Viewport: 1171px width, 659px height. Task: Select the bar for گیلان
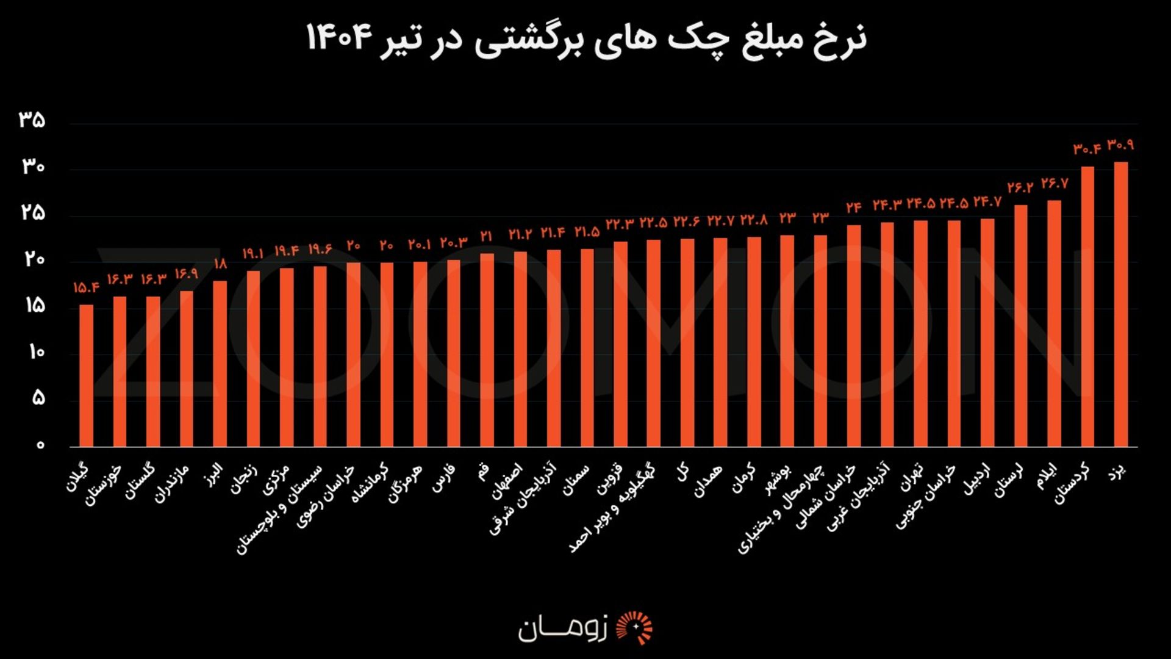tap(87, 375)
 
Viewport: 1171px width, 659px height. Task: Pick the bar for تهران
tap(920, 333)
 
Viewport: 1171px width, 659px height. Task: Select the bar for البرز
tap(220, 364)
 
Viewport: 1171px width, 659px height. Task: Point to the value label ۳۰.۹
tap(1120, 145)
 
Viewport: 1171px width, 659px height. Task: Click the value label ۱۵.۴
tap(86, 287)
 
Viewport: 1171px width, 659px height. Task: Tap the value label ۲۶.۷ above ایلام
tap(1054, 183)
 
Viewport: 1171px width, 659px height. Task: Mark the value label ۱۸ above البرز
tap(220, 264)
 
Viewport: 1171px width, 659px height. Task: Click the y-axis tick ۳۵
tap(32, 120)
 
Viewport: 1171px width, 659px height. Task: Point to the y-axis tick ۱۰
tap(36, 352)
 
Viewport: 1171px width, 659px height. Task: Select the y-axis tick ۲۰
tap(34, 259)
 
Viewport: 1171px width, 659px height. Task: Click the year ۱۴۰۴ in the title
tap(339, 38)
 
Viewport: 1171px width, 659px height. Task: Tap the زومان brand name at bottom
tap(562, 628)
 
